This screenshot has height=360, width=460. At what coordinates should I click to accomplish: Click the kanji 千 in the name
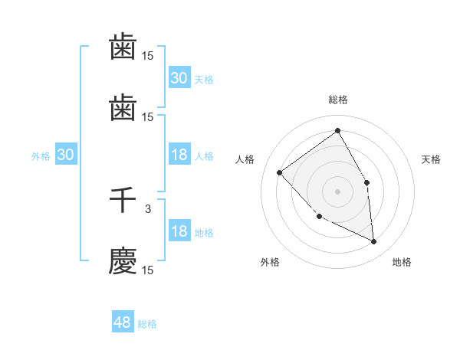tap(123, 201)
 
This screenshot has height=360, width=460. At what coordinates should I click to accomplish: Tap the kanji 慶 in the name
tap(123, 260)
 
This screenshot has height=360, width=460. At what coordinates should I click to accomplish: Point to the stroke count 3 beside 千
tap(148, 208)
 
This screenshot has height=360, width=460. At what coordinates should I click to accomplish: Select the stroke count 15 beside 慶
tap(148, 270)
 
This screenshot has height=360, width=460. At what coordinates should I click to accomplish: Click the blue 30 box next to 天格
tap(179, 78)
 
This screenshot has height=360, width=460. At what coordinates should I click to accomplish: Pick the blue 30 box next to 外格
tap(65, 155)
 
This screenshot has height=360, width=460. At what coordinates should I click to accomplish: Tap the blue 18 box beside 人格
tap(179, 155)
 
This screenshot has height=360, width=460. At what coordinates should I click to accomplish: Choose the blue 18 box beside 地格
tap(179, 232)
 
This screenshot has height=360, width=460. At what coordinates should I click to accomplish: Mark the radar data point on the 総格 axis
tap(337, 131)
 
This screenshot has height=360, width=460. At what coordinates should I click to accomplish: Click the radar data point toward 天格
tap(366, 182)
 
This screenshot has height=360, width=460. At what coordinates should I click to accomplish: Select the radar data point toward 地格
tap(373, 241)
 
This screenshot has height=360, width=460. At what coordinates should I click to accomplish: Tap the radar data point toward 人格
tap(280, 172)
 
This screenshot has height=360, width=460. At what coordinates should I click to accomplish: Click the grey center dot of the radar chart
tap(337, 191)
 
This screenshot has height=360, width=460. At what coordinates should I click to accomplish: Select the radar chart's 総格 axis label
tap(337, 100)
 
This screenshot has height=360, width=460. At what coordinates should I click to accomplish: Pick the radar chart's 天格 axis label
tap(431, 159)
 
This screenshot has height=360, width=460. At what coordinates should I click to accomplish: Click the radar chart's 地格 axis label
tap(402, 262)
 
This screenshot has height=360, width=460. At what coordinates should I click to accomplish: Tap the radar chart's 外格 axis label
tap(270, 262)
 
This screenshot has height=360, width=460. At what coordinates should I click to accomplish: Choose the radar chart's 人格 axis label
tap(245, 159)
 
